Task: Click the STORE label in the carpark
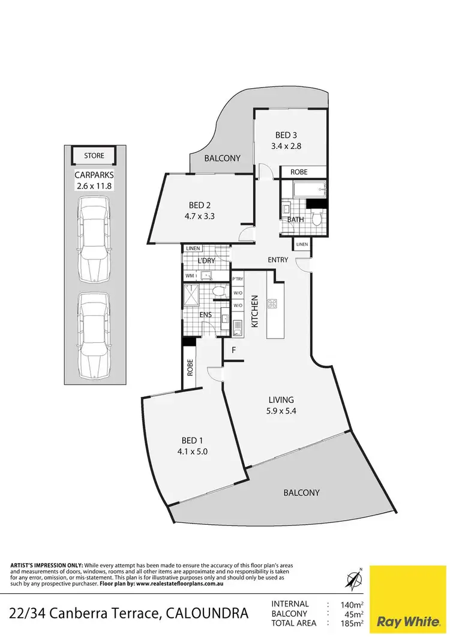click(94, 155)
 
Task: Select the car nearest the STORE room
click(94, 239)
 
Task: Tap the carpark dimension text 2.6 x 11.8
click(94, 186)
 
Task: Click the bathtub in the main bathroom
click(309, 192)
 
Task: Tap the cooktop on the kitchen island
click(272, 304)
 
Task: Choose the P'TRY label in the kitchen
click(238, 279)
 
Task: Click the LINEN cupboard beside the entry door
click(301, 244)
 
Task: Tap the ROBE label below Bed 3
click(299, 172)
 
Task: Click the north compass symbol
click(353, 579)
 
